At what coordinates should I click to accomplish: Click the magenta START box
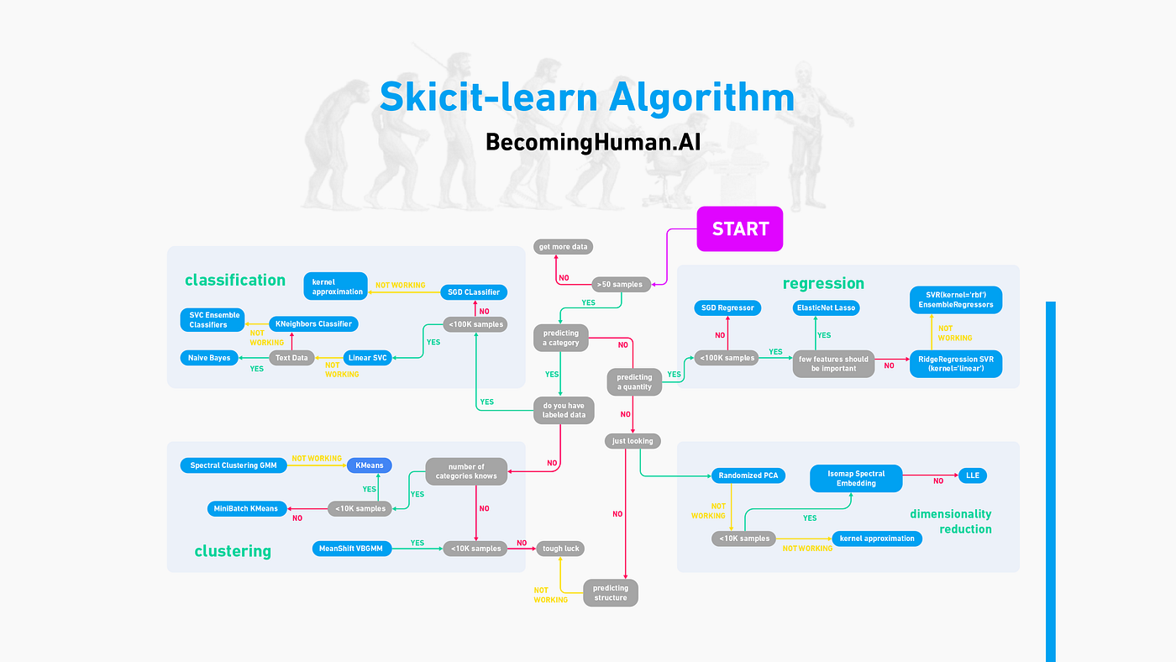tap(739, 229)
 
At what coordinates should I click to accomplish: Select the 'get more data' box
tap(564, 247)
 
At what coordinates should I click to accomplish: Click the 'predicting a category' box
tap(560, 338)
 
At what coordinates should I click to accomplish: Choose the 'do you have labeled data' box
tap(564, 410)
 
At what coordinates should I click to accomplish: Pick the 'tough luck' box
tap(559, 548)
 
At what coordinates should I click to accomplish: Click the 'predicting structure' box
tap(611, 592)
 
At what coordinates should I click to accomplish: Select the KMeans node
tap(370, 465)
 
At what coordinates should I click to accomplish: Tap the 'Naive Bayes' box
tap(209, 358)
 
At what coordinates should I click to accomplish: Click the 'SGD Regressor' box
tap(727, 308)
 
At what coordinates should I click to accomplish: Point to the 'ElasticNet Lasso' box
tap(825, 308)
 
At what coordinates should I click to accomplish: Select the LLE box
tap(972, 475)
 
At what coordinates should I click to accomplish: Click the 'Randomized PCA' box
tap(748, 475)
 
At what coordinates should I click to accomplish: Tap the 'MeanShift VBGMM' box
tap(350, 548)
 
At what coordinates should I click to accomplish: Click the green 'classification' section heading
tap(235, 281)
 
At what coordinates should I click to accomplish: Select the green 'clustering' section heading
tap(233, 551)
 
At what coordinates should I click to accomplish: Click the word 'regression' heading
tap(823, 283)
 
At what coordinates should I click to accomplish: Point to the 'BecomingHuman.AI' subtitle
tap(593, 142)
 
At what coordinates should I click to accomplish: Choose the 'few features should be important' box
tap(833, 363)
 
